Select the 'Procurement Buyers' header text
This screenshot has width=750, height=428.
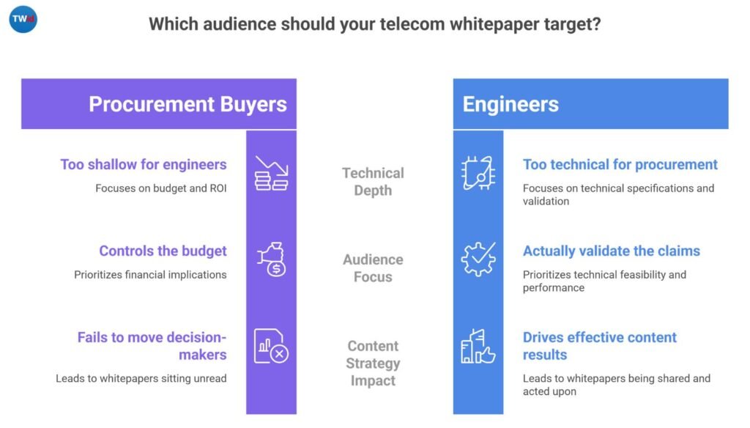point(187,104)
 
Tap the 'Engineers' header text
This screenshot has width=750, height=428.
point(510,104)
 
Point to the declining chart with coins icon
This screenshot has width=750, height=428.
point(271,173)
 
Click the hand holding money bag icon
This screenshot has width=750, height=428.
point(271,259)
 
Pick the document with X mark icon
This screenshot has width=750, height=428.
point(271,345)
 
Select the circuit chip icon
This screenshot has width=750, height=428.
point(478,173)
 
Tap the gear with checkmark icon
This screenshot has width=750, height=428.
point(478,259)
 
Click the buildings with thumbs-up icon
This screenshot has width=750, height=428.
point(478,345)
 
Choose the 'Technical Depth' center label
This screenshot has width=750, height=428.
point(373,182)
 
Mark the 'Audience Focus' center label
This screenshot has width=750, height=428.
point(373,268)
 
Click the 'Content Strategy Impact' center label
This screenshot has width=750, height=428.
point(373,363)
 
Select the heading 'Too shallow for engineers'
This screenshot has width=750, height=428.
point(144,164)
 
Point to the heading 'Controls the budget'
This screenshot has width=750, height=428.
point(163,251)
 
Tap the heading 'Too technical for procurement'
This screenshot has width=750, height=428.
point(620,164)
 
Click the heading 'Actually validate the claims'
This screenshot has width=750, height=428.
point(612,251)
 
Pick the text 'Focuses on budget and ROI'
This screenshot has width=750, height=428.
point(161,188)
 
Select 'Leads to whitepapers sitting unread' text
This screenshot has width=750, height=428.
point(141,379)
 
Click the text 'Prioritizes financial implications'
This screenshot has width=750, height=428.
point(150,275)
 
